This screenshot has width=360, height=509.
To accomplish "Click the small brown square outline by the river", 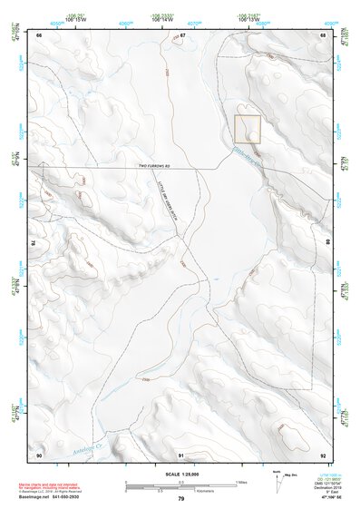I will click(x=248, y=129).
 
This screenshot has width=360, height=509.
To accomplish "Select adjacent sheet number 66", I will click(x=39, y=35).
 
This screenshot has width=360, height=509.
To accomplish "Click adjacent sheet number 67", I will click(x=182, y=35).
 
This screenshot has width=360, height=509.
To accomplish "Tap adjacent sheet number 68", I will click(x=322, y=35).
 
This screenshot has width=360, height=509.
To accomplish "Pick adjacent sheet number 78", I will click(x=34, y=243).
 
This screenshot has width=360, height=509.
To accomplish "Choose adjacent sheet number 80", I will click(x=327, y=243).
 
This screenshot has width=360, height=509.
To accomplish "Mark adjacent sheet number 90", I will click(x=39, y=454).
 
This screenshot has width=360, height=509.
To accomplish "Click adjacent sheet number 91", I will click(x=182, y=454).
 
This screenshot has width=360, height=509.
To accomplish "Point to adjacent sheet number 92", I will click(x=322, y=454).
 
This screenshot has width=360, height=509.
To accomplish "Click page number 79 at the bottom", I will click(x=180, y=499).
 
